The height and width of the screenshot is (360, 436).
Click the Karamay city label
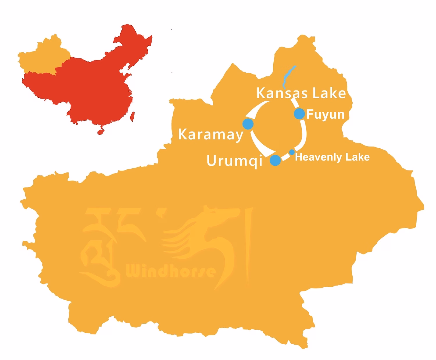click(210, 135)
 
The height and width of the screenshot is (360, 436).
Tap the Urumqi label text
click(234, 161)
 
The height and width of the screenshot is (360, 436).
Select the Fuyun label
click(325, 115)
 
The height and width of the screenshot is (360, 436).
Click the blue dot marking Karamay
click(248, 124)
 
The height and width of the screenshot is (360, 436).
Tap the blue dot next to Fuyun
click(299, 114)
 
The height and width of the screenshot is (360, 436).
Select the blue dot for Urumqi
click(275, 160)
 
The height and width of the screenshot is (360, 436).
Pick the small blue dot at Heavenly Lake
click(292, 152)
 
